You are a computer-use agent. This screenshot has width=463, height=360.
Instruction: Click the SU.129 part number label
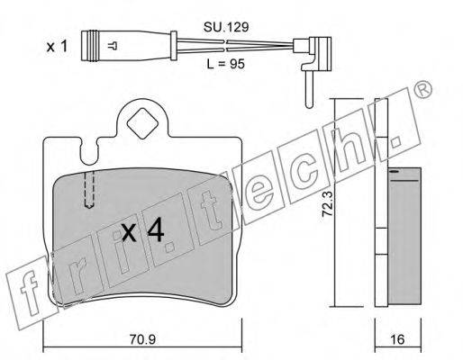[226, 27]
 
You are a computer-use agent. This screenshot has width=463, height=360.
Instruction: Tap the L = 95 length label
[226, 64]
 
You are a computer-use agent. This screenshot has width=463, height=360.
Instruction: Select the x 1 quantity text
[57, 47]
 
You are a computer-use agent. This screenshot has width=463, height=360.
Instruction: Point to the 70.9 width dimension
[142, 339]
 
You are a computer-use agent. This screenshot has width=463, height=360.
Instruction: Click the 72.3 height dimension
[327, 204]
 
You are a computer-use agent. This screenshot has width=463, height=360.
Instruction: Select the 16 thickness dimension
[397, 339]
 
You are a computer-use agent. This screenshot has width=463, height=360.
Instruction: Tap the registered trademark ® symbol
[422, 89]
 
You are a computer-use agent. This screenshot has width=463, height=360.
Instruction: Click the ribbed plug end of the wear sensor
[90, 46]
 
